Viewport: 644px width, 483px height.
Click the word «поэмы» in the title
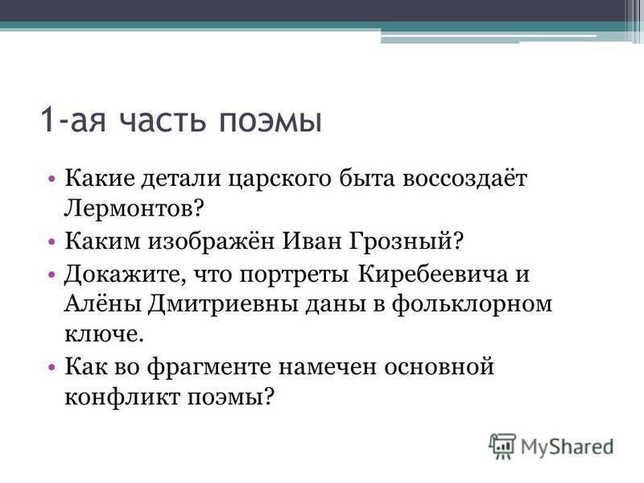point(270,121)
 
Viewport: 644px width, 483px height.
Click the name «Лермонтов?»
point(134,208)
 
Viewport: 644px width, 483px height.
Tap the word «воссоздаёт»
point(464,177)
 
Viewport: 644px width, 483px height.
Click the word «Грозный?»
point(407,241)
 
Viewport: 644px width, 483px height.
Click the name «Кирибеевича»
point(433,274)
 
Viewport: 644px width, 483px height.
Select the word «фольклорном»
point(472,305)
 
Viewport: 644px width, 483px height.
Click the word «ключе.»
point(105,334)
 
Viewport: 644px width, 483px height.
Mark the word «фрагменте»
point(209,367)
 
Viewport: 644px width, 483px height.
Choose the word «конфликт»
point(122,397)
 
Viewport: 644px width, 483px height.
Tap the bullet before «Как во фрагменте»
point(52,367)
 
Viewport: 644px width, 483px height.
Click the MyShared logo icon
point(502,446)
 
